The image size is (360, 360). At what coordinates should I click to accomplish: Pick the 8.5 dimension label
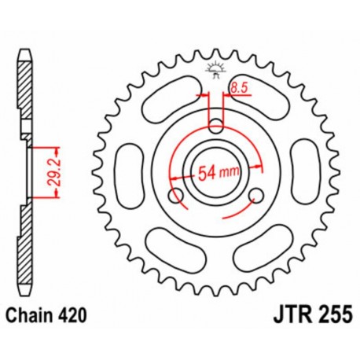click(x=240, y=91)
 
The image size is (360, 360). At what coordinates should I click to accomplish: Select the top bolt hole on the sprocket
click(x=217, y=123)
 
